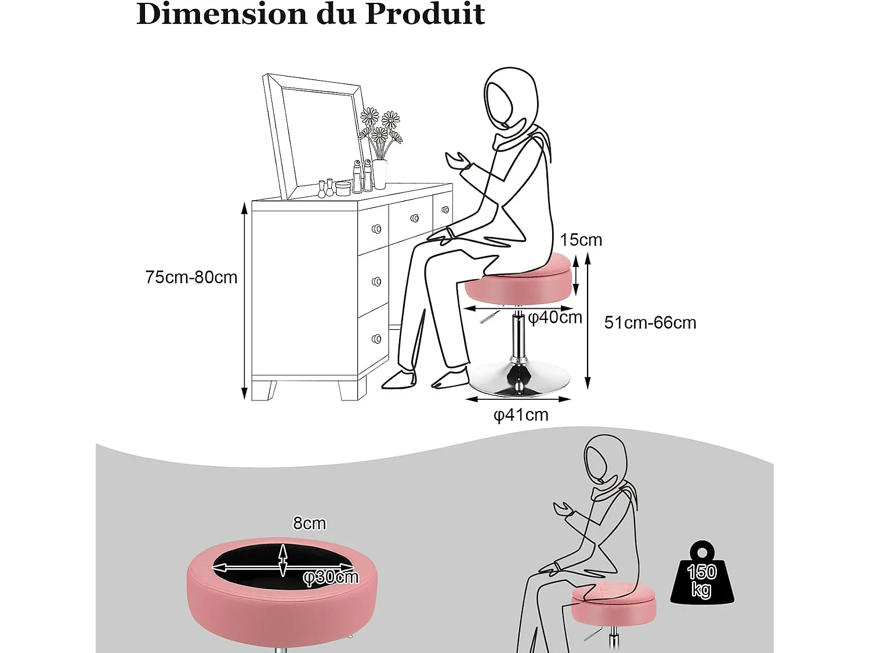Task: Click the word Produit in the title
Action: pos(425,14)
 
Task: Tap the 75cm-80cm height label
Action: pos(191,277)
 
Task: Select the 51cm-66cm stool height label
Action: pos(650,323)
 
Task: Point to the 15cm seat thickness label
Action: pos(581,240)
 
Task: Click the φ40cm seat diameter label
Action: pos(555,318)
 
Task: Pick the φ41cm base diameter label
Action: pos(521,415)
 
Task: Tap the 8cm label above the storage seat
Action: pos(309,524)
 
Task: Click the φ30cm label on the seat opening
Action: pos(331,577)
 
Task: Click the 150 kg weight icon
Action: pos(702,575)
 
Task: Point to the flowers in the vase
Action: pos(380,128)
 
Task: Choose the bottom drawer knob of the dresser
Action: pos(376,338)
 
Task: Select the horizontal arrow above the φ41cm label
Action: pos(518,399)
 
